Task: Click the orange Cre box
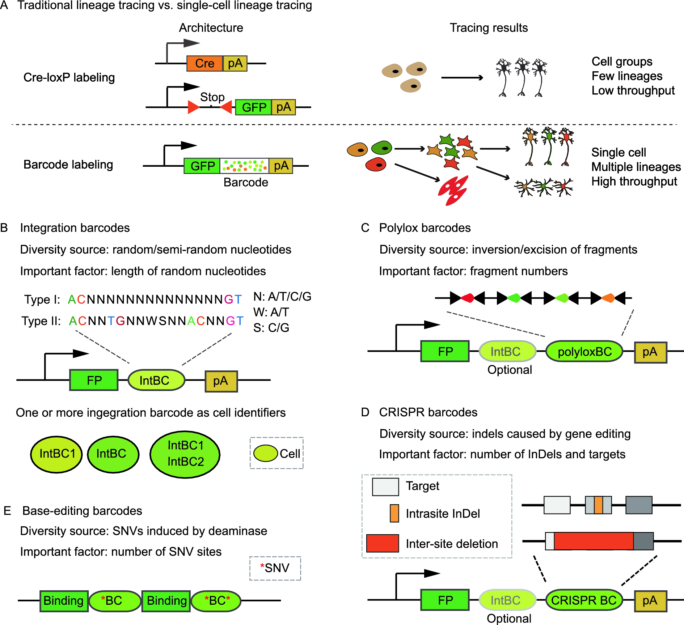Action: coord(204,63)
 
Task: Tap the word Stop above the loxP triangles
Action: coord(212,97)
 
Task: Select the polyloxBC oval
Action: coord(584,352)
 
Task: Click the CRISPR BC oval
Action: coord(583,600)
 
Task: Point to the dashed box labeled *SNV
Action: coord(275,568)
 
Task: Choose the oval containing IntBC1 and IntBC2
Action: coord(185,454)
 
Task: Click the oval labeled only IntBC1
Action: coord(56,454)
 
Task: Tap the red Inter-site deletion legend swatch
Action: coord(383,543)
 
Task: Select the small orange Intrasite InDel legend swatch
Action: coord(394,513)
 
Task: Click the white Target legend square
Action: coord(385,486)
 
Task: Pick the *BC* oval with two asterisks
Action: coord(216,601)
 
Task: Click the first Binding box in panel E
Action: coord(64,601)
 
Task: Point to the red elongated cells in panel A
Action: coord(453,191)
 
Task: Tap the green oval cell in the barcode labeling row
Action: coord(381,148)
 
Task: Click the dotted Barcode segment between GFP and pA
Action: coord(244,166)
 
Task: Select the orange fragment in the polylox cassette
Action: coord(608,298)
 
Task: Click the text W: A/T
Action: coord(271,312)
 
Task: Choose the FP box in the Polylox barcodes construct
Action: coord(445,351)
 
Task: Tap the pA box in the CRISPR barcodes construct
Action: coord(650,600)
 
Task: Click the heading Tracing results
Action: coord(489,28)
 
